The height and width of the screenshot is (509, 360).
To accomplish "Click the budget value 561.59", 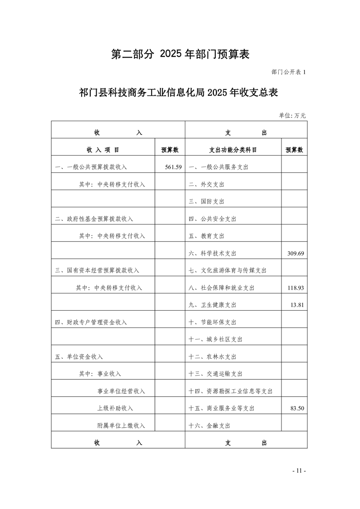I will (x=173, y=167).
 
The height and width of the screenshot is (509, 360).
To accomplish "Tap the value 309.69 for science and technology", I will (x=296, y=253).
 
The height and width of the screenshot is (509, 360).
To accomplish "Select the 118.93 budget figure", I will (x=296, y=288).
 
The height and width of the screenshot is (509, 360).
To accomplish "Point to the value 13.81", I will (x=297, y=305).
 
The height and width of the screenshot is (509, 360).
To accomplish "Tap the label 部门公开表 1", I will (x=289, y=72).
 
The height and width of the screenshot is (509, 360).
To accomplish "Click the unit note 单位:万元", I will (x=292, y=116).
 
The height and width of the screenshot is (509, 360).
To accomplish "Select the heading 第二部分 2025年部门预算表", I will (x=181, y=54).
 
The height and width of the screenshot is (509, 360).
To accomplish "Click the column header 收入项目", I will (x=103, y=150).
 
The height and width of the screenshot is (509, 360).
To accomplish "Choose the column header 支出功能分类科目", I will (x=233, y=150).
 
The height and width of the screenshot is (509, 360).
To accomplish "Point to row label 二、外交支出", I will (x=207, y=184).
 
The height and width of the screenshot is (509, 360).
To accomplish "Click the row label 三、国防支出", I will (x=207, y=201).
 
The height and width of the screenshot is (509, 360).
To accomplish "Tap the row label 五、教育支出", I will (x=207, y=236).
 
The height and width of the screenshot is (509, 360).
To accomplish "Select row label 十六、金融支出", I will (x=209, y=426).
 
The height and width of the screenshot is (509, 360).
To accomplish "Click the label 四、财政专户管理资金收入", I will (x=91, y=322).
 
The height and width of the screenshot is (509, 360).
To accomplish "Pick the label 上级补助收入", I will (x=115, y=408).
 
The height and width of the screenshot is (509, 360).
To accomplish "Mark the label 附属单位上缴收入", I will (x=121, y=426).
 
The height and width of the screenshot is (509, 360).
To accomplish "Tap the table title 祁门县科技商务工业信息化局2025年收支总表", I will (x=178, y=93).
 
